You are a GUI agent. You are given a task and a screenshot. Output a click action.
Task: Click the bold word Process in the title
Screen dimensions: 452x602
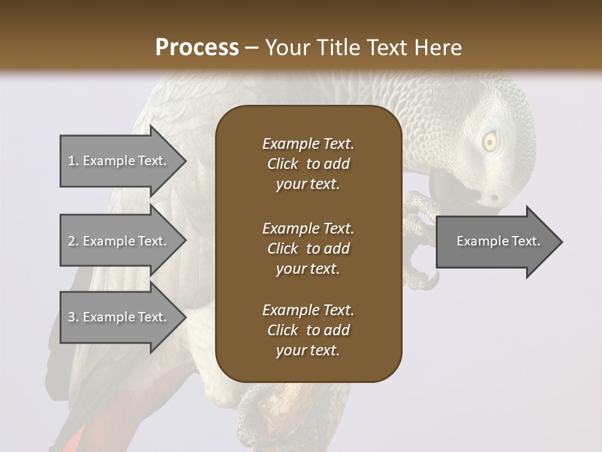(197, 48)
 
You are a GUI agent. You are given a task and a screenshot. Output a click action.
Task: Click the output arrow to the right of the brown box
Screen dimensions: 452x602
(499, 242)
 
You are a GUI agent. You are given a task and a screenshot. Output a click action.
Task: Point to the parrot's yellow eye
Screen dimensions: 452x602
(490, 143)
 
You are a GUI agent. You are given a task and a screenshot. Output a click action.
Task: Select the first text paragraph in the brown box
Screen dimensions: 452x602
(308, 164)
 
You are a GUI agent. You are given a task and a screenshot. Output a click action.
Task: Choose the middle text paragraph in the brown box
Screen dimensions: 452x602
(308, 249)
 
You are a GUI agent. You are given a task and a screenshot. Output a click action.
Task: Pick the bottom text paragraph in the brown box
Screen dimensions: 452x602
(308, 330)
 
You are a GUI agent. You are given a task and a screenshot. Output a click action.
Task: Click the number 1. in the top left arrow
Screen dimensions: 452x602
(73, 161)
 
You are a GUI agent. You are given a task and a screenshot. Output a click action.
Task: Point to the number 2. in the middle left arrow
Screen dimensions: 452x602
(73, 241)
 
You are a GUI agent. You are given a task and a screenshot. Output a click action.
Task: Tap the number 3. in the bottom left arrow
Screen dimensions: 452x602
(73, 317)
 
